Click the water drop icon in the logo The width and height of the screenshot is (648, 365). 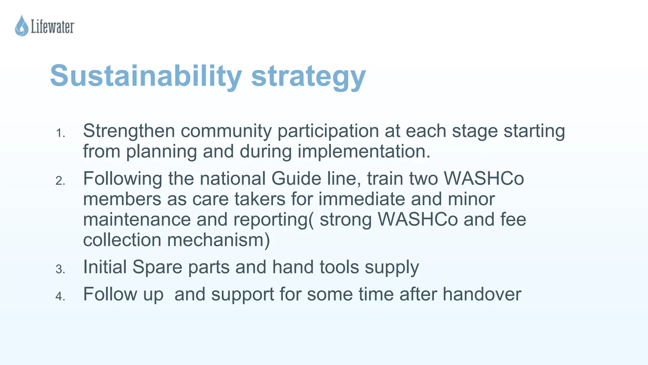(x=22, y=26)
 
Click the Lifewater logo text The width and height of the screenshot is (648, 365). (x=53, y=27)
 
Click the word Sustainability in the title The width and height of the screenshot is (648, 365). (x=146, y=76)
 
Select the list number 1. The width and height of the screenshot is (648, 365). (x=60, y=134)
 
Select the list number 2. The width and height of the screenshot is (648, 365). (x=60, y=181)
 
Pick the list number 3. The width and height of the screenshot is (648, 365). (x=60, y=270)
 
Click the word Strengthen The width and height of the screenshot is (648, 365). (x=129, y=131)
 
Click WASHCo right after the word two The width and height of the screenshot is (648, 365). (x=484, y=178)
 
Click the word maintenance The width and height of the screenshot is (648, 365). (x=137, y=219)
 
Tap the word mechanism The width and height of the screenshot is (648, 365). (x=218, y=240)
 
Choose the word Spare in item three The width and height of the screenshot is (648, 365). (x=157, y=267)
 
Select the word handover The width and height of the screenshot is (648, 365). (x=482, y=294)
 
